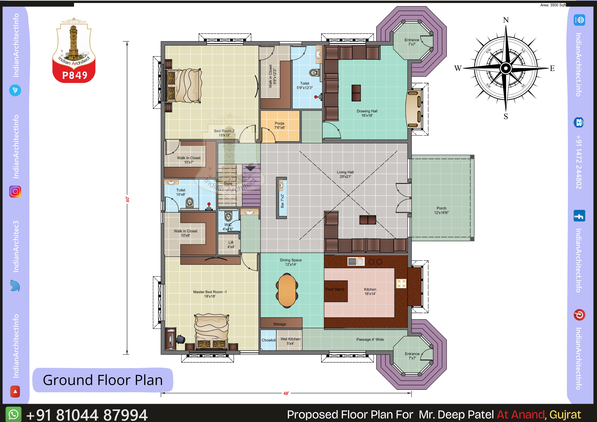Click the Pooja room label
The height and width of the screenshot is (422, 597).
pos(280,125)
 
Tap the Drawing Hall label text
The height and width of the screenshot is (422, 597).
pos(367,113)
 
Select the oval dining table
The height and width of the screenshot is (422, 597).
pos(287,290)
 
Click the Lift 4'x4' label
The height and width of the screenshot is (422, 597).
pos(231,244)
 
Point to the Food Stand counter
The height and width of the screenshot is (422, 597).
pos(336,291)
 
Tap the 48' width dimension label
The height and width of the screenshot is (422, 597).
pos(286,393)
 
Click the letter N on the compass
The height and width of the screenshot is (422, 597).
pos(506,20)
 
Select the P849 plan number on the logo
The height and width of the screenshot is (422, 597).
pos(75,75)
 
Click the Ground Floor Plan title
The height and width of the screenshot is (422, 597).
pos(103,380)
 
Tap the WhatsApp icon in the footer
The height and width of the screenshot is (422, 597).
pos(13,414)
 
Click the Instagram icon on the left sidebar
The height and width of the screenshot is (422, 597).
pos(15,192)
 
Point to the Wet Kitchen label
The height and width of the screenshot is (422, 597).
pos(290,341)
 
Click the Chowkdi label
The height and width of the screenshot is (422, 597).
pos(269,340)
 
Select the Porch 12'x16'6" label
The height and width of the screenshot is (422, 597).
pos(441,211)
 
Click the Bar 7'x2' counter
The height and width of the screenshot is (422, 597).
pos(282,198)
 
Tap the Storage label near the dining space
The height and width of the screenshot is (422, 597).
pos(280,324)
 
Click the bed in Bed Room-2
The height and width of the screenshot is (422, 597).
pos(183,85)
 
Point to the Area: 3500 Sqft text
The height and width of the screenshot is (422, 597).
pos(553,5)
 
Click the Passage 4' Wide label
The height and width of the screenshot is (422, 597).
pos(370,339)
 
